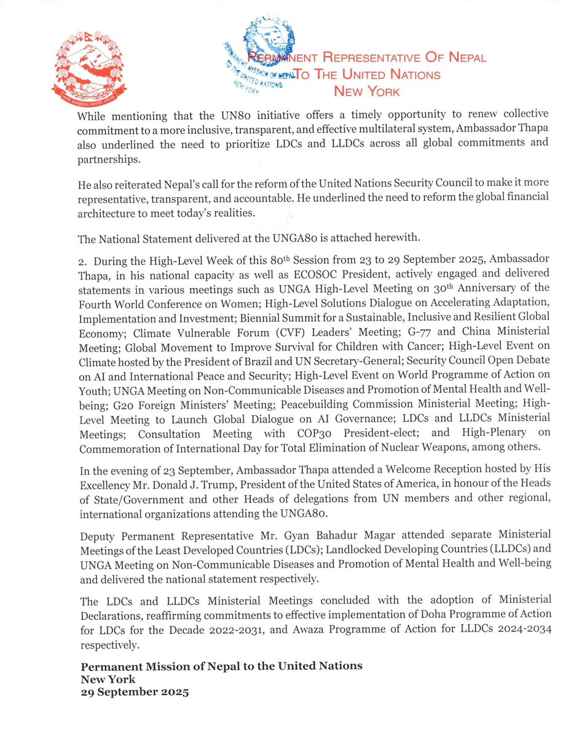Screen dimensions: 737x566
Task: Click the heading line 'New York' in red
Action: pos(366,92)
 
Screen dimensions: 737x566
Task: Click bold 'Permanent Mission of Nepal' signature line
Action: pos(222,666)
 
